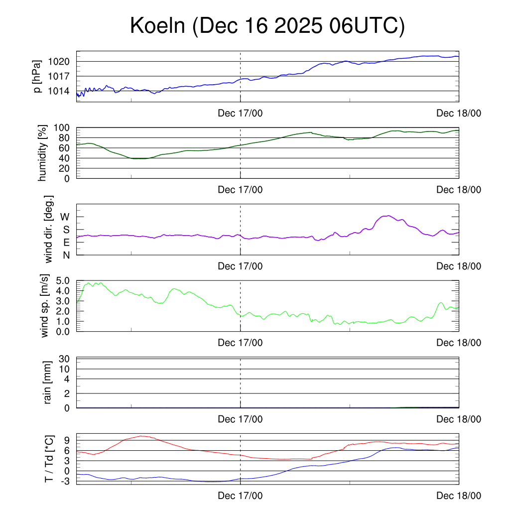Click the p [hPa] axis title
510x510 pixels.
pos(37,76)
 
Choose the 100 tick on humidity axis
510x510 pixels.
pos(63,127)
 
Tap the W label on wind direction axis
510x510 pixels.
pos(65,217)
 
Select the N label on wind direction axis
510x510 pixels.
pos(66,255)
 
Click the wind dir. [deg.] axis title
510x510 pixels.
pos(49,230)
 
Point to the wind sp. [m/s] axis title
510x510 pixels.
pos(45,306)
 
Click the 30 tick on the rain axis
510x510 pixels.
pos(65,359)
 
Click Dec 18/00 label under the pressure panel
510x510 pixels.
pos(459,114)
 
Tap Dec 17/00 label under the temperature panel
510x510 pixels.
pos(240,496)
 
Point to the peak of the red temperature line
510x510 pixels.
pos(141,436)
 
